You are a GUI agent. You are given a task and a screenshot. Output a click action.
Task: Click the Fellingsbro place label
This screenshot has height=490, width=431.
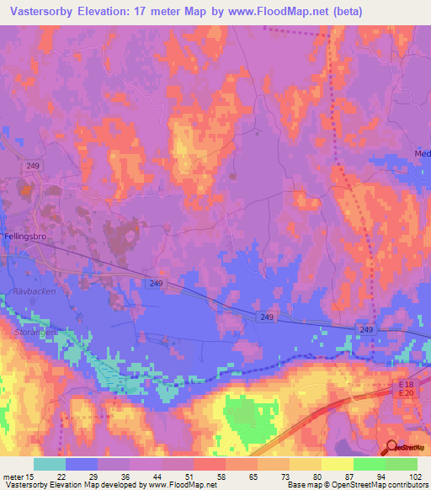[x=29, y=238]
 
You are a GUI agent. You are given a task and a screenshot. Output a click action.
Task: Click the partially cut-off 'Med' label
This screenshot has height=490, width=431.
[x=422, y=154]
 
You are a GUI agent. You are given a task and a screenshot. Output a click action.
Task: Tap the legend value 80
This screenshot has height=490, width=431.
[x=317, y=476]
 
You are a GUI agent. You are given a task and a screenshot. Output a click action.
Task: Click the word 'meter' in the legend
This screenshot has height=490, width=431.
[x=13, y=476]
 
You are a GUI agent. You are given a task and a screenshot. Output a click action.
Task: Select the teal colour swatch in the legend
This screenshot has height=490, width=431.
[x=50, y=464]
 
